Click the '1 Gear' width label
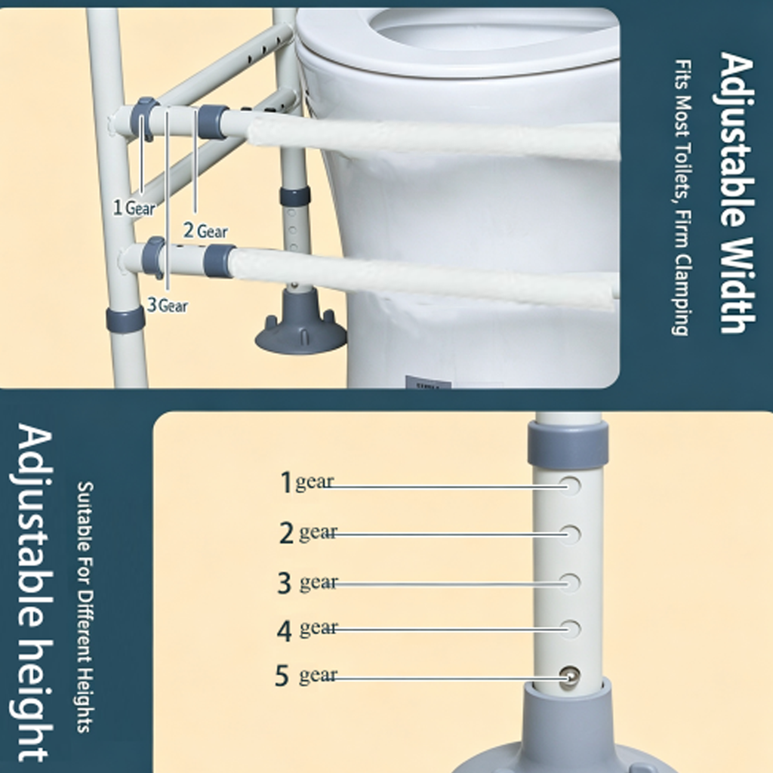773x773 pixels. click(x=134, y=208)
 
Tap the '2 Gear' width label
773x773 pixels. click(x=205, y=231)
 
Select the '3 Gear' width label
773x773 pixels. click(x=168, y=306)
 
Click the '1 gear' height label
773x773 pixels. click(x=306, y=482)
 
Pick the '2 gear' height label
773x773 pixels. click(x=308, y=532)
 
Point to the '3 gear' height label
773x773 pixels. click(x=308, y=582)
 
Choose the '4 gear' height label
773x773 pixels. click(x=308, y=630)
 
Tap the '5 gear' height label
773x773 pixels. click(x=306, y=675)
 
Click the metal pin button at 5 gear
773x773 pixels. click(x=571, y=676)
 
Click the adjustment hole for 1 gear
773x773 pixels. click(x=570, y=485)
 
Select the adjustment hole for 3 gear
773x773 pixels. click(x=571, y=583)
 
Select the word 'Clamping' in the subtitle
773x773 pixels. click(x=681, y=295)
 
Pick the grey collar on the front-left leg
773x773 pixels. click(x=125, y=320)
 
